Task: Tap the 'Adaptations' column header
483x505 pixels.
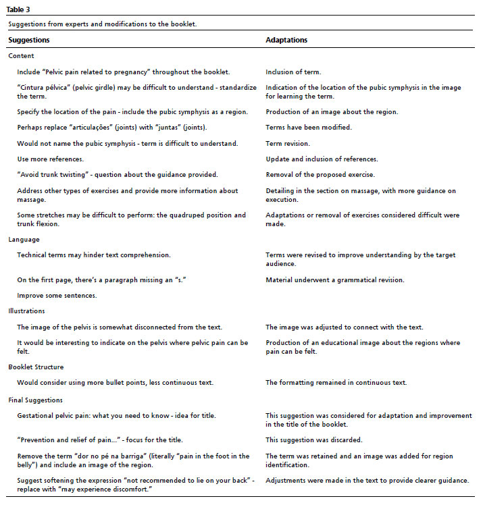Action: point(286,40)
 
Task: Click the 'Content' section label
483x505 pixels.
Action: point(21,56)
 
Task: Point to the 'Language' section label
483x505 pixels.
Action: point(24,239)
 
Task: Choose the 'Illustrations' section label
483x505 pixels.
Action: point(27,311)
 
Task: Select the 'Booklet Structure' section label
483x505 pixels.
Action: point(36,367)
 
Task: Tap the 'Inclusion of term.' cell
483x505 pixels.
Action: point(293,72)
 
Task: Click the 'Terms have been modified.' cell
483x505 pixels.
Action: point(308,127)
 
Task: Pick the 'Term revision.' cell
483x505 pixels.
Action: point(288,143)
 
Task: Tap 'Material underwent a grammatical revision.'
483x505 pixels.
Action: point(335,280)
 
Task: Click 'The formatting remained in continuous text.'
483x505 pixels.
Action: point(336,383)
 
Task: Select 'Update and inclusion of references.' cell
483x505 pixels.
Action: point(322,159)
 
